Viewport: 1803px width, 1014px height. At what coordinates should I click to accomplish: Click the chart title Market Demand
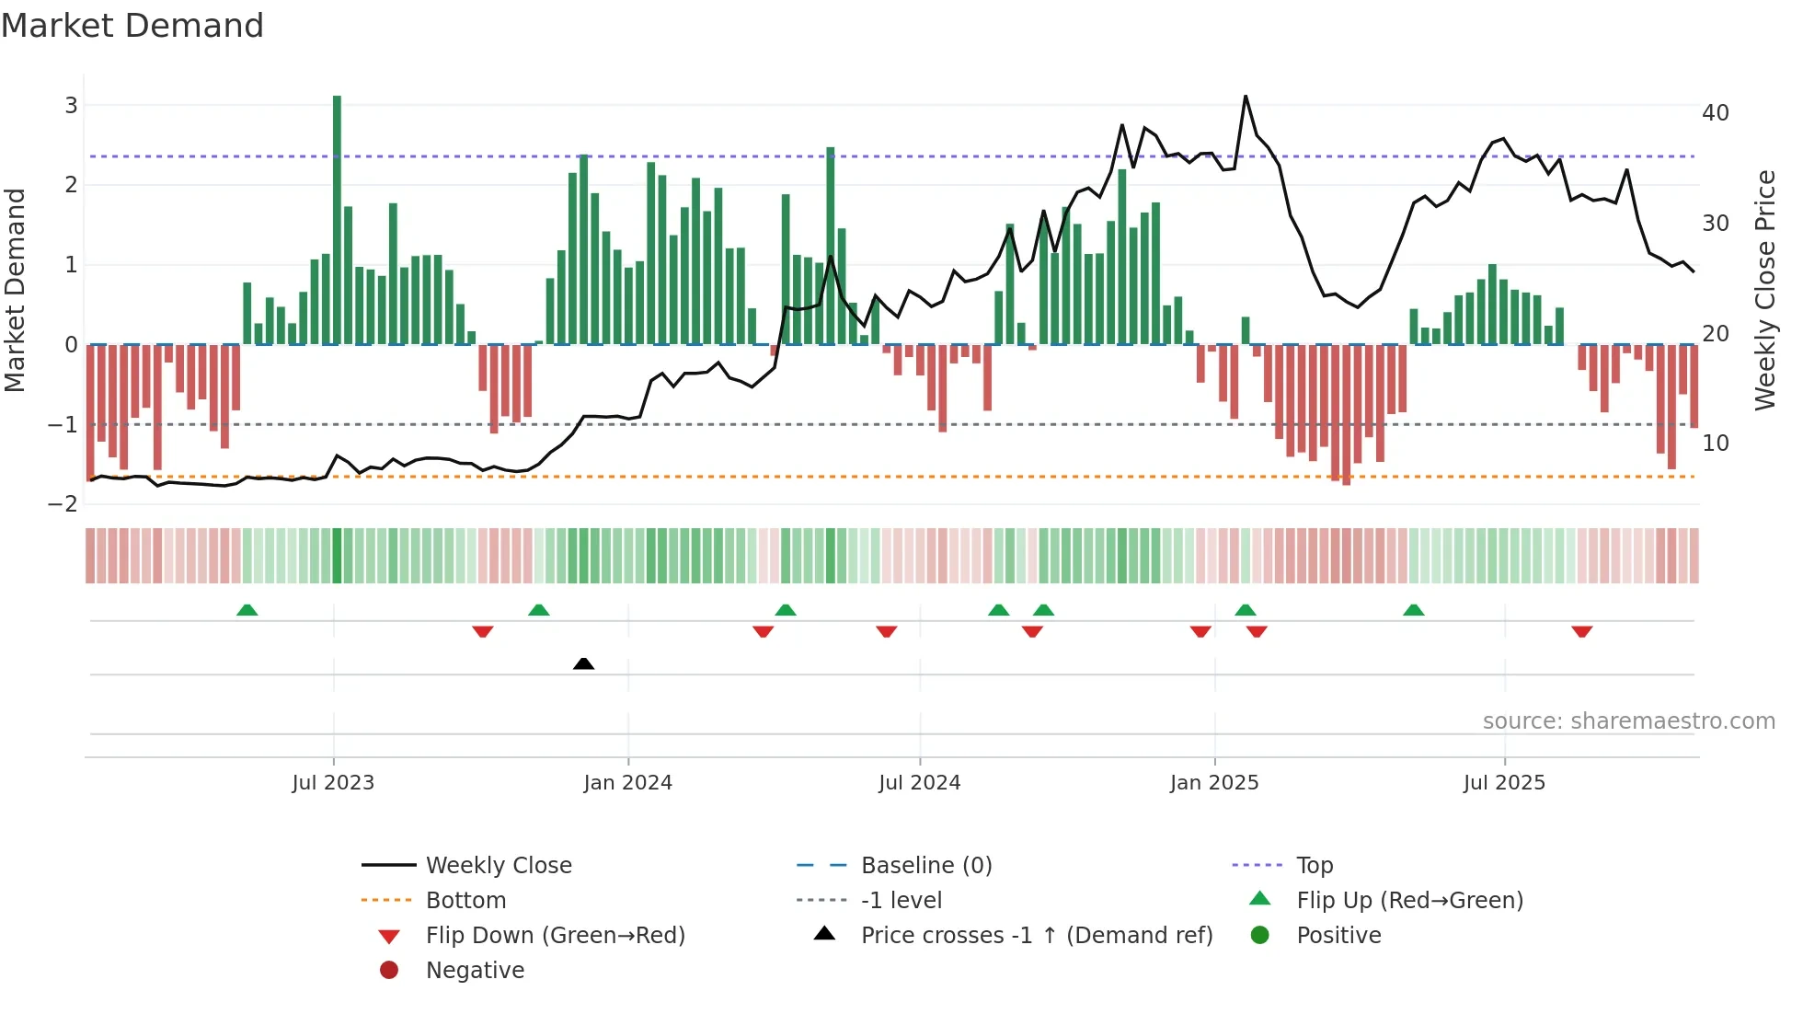[132, 26]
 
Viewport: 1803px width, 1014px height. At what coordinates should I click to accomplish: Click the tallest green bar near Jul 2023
[337, 221]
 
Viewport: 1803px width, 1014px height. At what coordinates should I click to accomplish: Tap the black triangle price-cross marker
[583, 663]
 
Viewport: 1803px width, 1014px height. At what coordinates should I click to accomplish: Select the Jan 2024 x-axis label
[627, 783]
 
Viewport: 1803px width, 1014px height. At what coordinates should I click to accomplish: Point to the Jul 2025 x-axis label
[1504, 783]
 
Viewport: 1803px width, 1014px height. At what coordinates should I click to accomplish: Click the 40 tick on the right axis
[1715, 113]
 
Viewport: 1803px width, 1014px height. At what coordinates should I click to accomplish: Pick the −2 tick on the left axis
[63, 504]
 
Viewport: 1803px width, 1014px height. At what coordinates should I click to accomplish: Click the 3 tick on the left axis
[71, 106]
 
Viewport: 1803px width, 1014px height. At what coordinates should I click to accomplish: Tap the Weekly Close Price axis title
[1764, 290]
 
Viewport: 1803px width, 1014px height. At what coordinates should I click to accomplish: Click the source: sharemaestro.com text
[1628, 721]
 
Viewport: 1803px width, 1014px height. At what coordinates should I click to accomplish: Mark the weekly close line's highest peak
[1246, 96]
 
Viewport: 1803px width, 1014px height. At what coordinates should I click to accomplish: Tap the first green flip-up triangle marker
[247, 610]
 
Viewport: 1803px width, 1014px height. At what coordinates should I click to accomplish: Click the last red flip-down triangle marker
[1581, 631]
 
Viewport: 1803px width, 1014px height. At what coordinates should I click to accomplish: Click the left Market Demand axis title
[16, 290]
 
